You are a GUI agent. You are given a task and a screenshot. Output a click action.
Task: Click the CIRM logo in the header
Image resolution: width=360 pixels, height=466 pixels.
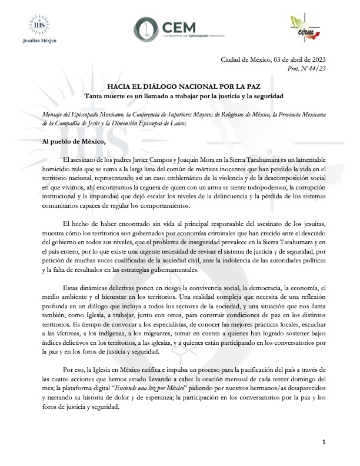(306, 28)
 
